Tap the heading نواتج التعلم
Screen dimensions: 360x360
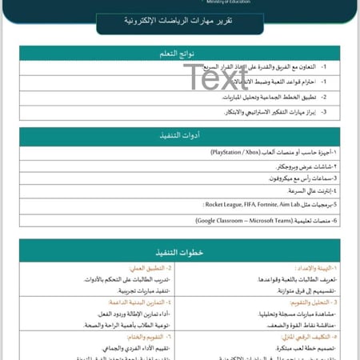click(179, 54)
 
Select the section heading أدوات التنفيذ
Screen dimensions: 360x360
click(179, 135)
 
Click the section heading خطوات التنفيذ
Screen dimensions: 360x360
click(179, 251)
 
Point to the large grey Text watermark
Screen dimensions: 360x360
click(216, 77)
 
